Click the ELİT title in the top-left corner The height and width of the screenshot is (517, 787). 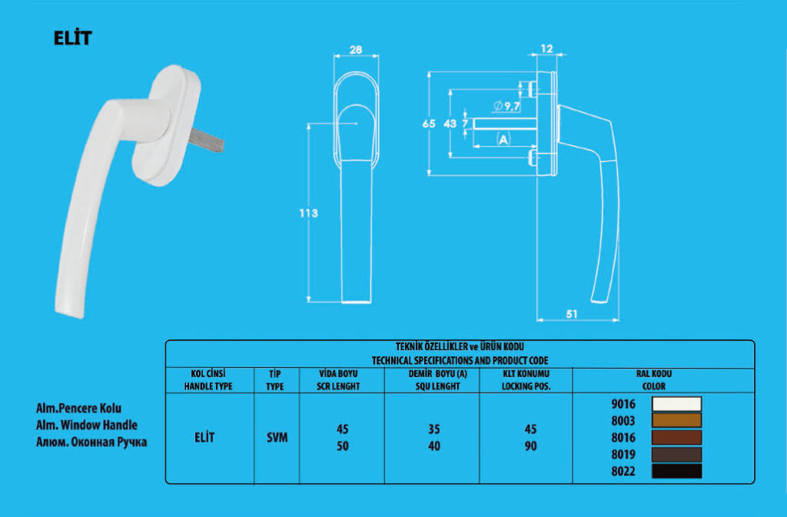(x=72, y=38)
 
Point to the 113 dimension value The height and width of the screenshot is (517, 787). (x=307, y=213)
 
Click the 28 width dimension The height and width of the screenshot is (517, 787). (x=356, y=50)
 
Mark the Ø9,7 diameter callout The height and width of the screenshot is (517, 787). (x=503, y=105)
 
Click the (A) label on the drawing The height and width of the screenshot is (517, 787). (x=503, y=140)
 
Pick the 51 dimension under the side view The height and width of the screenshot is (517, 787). (x=572, y=313)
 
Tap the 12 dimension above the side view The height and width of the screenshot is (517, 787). (x=546, y=48)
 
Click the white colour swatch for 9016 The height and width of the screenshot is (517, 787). (x=676, y=404)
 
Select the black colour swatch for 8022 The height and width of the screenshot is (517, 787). (x=676, y=471)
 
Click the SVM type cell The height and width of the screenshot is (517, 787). (x=277, y=438)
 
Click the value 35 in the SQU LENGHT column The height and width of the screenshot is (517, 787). (x=433, y=429)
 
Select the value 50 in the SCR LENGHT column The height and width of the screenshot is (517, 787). (x=343, y=446)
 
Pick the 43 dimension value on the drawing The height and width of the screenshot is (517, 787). (x=450, y=124)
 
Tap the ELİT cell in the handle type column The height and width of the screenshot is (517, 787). (x=204, y=438)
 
